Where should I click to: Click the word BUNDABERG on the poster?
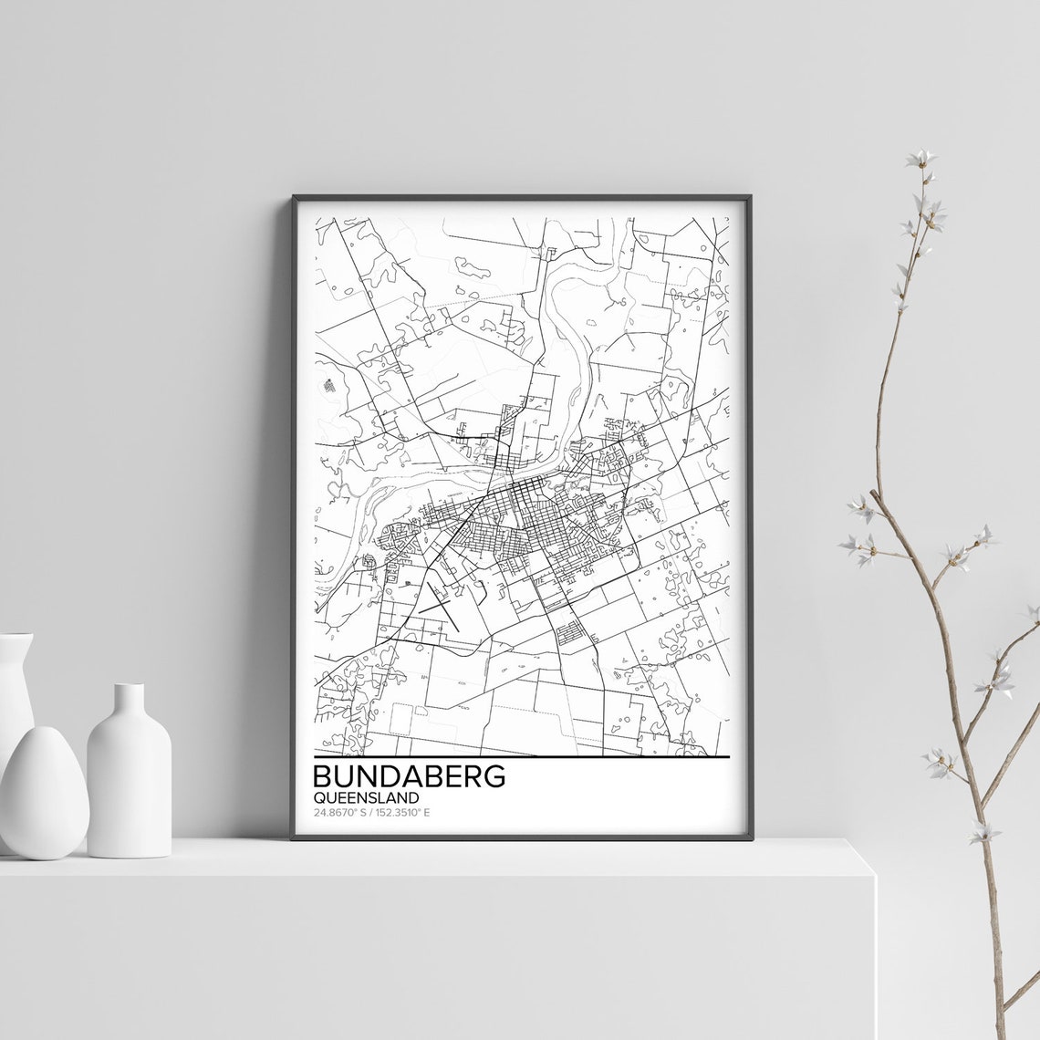click(x=409, y=777)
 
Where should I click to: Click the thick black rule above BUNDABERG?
click(x=521, y=756)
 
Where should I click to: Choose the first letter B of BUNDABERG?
click(x=324, y=777)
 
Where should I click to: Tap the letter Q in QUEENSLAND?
click(x=318, y=797)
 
